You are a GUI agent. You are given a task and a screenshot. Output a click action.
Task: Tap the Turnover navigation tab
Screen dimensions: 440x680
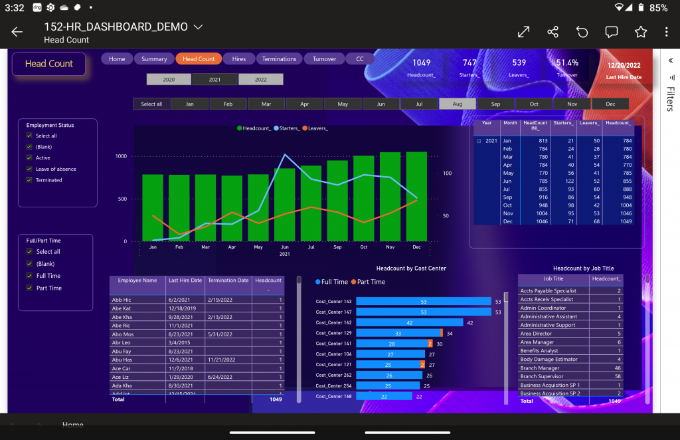tap(325, 59)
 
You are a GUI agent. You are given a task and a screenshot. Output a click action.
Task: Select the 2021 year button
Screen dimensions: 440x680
tap(214, 79)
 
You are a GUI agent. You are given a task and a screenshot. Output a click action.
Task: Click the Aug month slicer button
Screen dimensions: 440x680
tap(458, 104)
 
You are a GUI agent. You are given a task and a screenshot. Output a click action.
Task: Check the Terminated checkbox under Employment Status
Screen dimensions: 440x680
tap(29, 180)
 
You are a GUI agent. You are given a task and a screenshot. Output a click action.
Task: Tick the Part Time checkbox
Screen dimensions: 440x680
tap(29, 288)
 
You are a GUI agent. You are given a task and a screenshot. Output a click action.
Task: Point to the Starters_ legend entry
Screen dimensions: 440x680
tap(286, 128)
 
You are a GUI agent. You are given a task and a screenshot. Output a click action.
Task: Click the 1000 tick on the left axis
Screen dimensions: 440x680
tap(121, 156)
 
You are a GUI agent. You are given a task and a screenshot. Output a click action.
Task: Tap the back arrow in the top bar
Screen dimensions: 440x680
tap(17, 32)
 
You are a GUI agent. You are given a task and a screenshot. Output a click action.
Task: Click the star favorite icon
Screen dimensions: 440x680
tap(640, 32)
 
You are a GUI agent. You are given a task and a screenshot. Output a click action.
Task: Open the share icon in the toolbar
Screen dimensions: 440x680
tap(552, 32)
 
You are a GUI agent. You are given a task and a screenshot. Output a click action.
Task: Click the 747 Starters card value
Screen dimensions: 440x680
tap(469, 62)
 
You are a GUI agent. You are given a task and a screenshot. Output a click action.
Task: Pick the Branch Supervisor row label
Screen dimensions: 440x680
tap(542, 376)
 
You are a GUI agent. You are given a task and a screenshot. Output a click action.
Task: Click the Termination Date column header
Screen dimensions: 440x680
tap(228, 280)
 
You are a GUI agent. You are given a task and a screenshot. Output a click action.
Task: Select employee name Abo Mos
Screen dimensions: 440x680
tap(123, 334)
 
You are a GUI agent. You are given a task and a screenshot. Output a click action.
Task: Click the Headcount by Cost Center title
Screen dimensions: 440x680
tap(411, 269)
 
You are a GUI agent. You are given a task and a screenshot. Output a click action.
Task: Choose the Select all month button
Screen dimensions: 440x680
tap(151, 104)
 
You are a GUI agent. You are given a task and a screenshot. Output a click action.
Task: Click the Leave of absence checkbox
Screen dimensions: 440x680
tap(29, 169)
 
